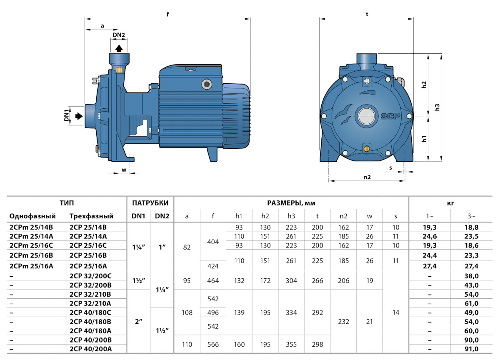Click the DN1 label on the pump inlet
point(66,116)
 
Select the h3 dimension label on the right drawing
point(437,107)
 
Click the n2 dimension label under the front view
point(367,177)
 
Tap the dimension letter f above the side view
point(167,14)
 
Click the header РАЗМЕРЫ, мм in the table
point(291,203)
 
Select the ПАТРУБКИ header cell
point(150,203)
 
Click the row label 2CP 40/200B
point(89,340)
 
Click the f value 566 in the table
point(213,345)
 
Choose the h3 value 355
point(291,345)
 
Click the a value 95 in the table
point(187,280)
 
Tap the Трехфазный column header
point(91,216)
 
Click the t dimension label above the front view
point(367,14)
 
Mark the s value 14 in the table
point(396,312)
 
